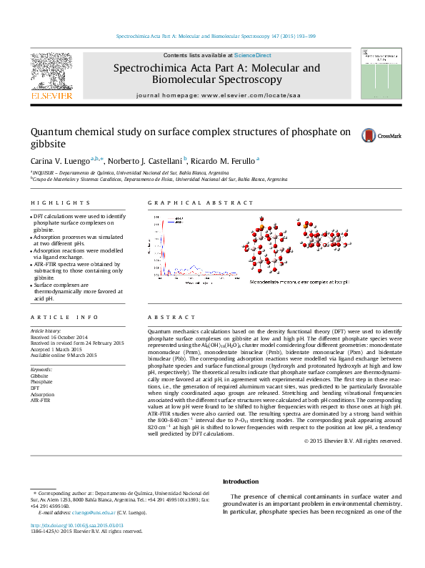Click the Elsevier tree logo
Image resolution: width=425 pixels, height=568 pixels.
(x=51, y=73)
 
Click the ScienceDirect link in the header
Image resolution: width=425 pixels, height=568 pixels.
(x=252, y=55)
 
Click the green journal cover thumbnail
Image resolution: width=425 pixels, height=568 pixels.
(x=375, y=74)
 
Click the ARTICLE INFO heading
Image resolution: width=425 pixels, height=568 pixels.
(x=64, y=317)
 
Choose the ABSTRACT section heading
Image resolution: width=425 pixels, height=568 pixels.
(x=171, y=317)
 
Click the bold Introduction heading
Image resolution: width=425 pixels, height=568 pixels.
(x=241, y=481)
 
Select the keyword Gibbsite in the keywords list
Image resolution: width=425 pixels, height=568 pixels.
(x=40, y=376)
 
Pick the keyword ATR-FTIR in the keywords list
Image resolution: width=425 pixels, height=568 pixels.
(x=41, y=401)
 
